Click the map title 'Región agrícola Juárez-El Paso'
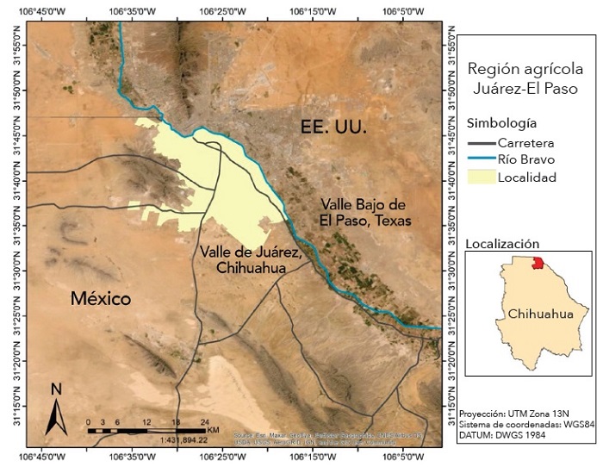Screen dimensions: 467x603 [x=525, y=78]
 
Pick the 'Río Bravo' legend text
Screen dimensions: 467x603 [x=526, y=159]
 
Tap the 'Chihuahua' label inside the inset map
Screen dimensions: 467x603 [x=540, y=314]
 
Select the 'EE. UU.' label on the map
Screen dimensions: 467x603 [x=334, y=127]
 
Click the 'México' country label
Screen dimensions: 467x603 [x=100, y=299]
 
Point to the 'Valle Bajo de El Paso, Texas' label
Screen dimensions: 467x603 [x=365, y=212]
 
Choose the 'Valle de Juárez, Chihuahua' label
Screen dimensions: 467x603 [x=249, y=259]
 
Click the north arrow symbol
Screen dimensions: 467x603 [x=56, y=409]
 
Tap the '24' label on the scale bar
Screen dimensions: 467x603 [x=204, y=421]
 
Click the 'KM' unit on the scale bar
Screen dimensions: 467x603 [x=214, y=429]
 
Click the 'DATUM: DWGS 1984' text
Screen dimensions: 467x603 [x=502, y=435]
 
